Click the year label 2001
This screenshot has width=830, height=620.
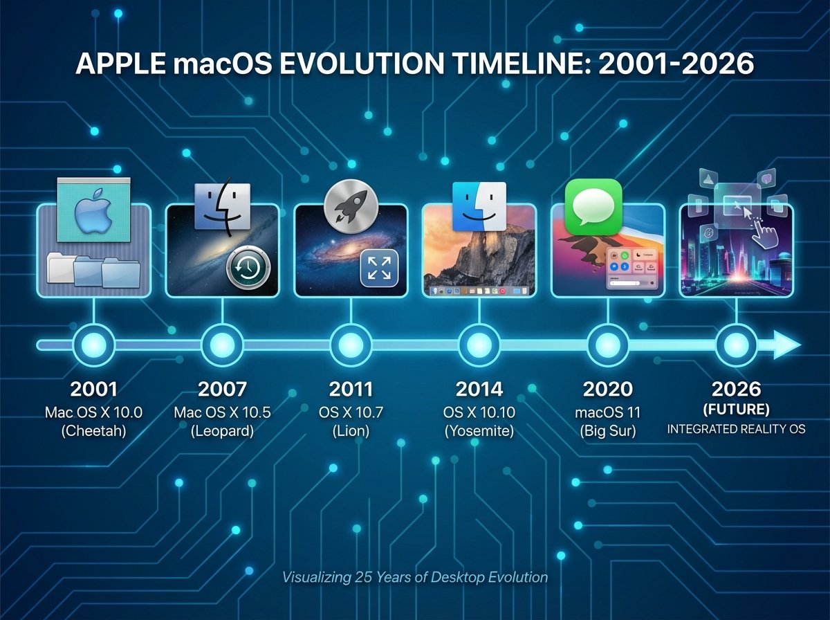93,389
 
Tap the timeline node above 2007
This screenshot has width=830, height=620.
222,344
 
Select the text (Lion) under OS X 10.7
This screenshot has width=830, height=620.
351,430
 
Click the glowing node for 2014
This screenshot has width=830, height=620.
479,344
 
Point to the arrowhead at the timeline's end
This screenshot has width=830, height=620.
787,344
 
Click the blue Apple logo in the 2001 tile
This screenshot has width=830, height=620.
93,210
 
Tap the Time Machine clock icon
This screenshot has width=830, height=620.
248,267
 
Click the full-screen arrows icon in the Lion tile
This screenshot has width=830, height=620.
379,267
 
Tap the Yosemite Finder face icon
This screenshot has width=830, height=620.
479,207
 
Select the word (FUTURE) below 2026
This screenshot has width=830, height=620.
736,410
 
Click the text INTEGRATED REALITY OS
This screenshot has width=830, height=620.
736,430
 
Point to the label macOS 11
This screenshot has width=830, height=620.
607,412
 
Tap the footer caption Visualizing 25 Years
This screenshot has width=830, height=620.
414,577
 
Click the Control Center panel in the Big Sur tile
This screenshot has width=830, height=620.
632,270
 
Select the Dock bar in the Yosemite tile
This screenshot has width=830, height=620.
479,291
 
